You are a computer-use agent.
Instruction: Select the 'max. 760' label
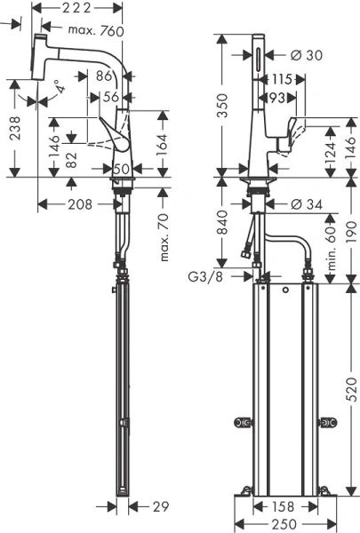pos(96,31)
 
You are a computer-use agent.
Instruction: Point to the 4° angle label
pos(59,88)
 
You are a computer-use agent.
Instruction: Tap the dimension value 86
pos(103,77)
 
